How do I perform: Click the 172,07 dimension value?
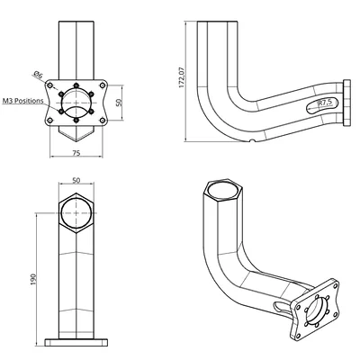coord(182,76)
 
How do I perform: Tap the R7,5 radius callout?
coord(325,103)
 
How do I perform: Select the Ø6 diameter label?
coord(38,75)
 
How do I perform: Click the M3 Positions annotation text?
coord(23,101)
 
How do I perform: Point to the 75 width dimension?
coord(76,153)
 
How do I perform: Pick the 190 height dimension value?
coord(33,279)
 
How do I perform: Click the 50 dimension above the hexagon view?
coord(76,180)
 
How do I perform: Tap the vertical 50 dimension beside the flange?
coord(119,103)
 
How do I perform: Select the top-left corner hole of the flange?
coord(50,85)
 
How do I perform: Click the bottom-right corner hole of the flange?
coord(103,121)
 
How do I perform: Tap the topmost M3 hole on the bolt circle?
coord(76,85)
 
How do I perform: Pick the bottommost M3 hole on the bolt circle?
coord(76,120)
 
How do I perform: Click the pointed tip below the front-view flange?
coord(76,141)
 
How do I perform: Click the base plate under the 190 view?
coord(76,342)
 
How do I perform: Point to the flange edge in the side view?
coord(346,103)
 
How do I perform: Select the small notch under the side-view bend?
coord(253,140)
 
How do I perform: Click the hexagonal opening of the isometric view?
coord(222,191)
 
